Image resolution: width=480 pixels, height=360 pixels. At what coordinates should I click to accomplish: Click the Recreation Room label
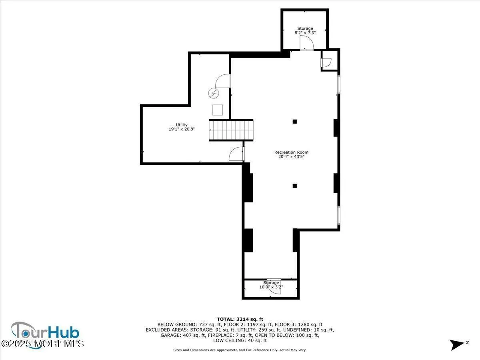(x=291, y=152)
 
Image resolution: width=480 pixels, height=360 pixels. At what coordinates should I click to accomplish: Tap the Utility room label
(x=181, y=125)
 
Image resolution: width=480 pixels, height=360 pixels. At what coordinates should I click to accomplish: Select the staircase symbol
(x=231, y=130)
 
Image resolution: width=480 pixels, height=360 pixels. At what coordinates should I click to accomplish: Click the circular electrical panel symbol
(x=214, y=93)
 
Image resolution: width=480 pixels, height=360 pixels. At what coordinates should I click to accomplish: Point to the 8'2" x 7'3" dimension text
(x=305, y=33)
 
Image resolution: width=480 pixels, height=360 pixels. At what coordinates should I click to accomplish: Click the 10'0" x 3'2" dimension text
(x=271, y=287)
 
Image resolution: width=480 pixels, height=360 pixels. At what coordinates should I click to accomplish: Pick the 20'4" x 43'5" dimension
(x=291, y=157)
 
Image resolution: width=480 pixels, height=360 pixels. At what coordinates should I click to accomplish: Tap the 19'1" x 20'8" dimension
(x=181, y=129)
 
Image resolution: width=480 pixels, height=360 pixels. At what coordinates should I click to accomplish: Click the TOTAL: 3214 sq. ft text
(x=240, y=319)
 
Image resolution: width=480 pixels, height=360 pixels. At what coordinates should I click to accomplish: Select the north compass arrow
(x=458, y=344)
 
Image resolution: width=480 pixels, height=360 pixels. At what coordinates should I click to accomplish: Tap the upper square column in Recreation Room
(x=295, y=122)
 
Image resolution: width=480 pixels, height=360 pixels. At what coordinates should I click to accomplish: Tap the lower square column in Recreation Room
(x=295, y=186)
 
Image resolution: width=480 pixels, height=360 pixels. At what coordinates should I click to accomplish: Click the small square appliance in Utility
(x=218, y=110)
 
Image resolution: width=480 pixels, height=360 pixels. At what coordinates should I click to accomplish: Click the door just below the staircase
(x=236, y=154)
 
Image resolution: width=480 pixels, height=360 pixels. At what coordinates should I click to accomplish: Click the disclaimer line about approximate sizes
(x=240, y=350)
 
